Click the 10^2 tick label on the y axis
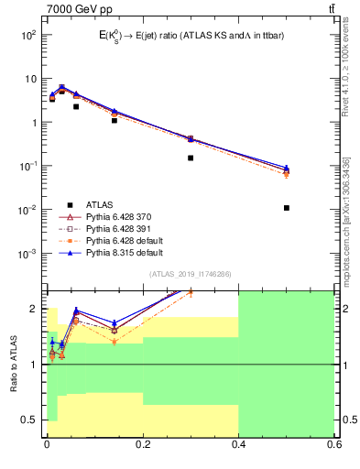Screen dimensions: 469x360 (28, 35)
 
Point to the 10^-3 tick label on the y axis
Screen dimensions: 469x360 (28, 254)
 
